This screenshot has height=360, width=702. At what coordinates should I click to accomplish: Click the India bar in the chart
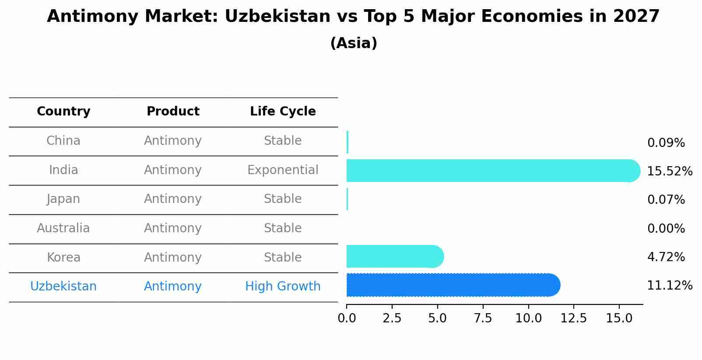tap(490, 171)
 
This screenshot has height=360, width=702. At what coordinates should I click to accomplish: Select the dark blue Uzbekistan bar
tap(451, 285)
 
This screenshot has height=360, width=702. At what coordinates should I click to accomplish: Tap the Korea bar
tap(394, 257)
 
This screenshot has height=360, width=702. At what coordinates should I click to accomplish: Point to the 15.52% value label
tap(669, 171)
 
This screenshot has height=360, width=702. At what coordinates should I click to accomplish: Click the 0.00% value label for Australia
tap(666, 229)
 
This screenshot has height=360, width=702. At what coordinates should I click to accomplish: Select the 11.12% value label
tap(669, 286)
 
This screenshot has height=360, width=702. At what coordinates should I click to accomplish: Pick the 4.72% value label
tap(666, 257)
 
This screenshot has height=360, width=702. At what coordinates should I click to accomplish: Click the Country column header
tap(63, 112)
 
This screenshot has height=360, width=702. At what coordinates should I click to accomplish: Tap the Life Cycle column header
tap(283, 112)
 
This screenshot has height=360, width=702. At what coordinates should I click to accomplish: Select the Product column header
tap(173, 112)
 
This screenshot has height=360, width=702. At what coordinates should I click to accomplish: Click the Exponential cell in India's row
tap(283, 170)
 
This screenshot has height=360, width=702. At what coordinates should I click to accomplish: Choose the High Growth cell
tap(283, 287)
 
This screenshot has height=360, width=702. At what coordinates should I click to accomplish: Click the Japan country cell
tap(63, 199)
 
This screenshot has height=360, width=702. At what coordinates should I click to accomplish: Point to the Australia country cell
tap(63, 228)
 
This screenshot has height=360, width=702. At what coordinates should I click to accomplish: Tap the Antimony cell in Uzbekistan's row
tap(173, 287)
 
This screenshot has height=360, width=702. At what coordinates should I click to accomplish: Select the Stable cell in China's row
tap(283, 141)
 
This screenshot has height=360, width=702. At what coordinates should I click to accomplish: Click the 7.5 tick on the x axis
tap(483, 318)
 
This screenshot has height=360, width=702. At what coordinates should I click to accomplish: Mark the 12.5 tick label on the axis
tap(573, 318)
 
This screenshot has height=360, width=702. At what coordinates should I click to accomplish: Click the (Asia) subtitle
tap(354, 43)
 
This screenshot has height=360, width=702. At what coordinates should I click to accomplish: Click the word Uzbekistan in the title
tap(277, 17)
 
